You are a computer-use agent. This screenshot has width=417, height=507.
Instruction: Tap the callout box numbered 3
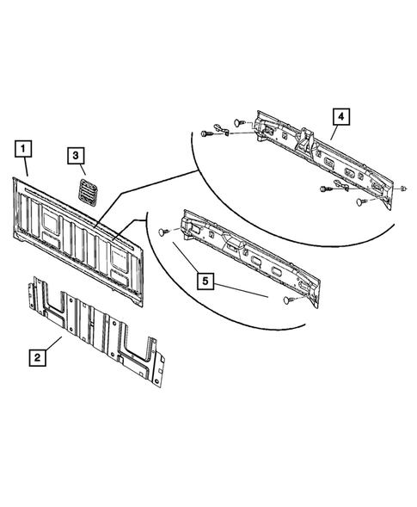point(77,156)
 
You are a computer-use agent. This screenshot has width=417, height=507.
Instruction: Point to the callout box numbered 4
point(341,115)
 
